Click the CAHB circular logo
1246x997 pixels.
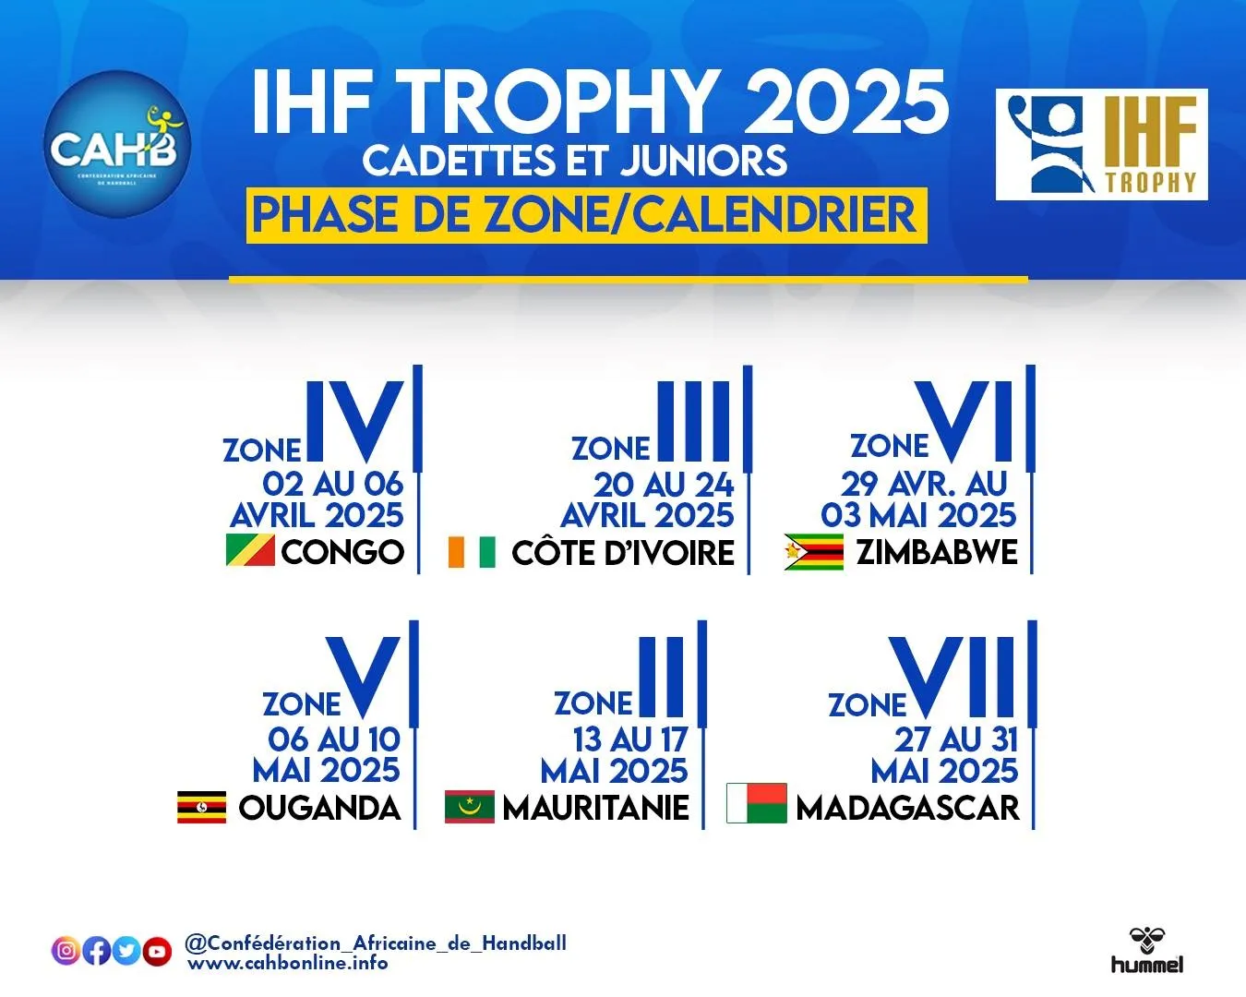[116, 144]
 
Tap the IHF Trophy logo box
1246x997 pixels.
[1101, 144]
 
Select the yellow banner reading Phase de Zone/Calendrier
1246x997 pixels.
[586, 216]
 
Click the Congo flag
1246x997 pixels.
[250, 550]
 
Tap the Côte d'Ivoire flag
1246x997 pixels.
[472, 552]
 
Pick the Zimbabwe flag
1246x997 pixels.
[813, 552]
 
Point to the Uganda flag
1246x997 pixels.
[201, 807]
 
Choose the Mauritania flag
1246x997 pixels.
[469, 807]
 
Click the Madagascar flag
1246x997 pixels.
[756, 803]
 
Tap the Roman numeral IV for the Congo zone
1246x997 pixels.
[355, 421]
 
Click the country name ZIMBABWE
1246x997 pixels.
[937, 552]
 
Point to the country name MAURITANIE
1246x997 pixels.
[596, 808]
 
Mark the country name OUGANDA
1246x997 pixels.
[319, 808]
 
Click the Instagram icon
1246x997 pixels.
[66, 950]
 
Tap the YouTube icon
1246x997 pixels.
[157, 951]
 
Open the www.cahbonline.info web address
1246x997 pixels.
[288, 964]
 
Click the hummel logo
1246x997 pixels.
[1146, 952]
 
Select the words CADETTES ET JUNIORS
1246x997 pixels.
[575, 161]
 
